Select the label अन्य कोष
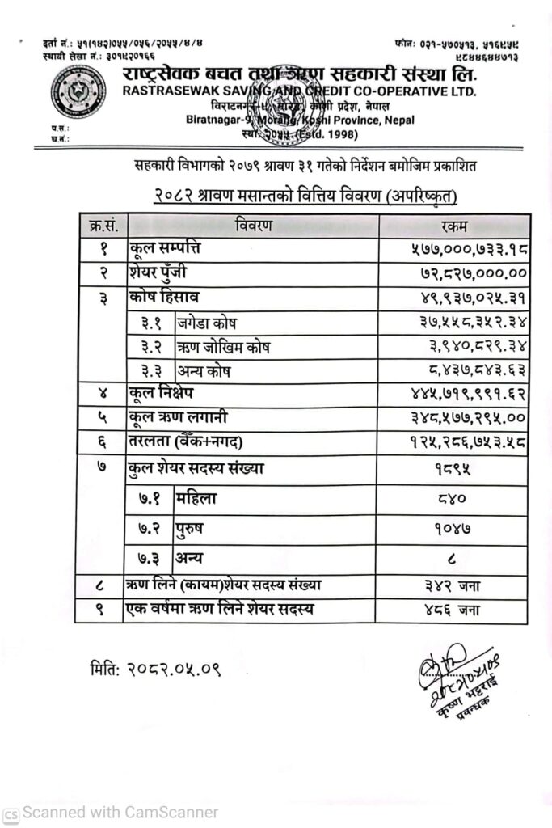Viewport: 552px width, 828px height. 205,371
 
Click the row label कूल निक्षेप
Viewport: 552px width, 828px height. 161,395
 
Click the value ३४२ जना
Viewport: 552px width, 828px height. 461,584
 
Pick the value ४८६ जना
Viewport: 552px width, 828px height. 461,609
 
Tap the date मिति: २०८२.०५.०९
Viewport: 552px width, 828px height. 155,669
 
